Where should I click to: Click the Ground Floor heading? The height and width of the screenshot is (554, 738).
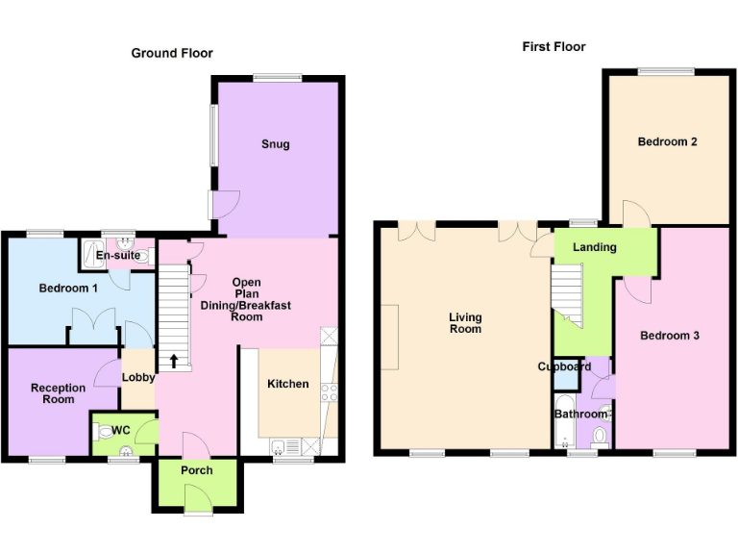pyautogui.click(x=172, y=53)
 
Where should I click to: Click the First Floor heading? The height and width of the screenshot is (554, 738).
pyautogui.click(x=553, y=46)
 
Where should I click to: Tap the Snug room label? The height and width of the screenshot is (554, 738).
pyautogui.click(x=275, y=144)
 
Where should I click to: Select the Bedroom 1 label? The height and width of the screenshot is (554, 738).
pyautogui.click(x=68, y=289)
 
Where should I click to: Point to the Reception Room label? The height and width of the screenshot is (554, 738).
pyautogui.click(x=58, y=393)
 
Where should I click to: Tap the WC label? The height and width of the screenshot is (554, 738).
pyautogui.click(x=120, y=430)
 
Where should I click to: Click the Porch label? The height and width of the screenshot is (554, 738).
pyautogui.click(x=196, y=470)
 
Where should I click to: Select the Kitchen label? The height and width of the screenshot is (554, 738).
pyautogui.click(x=287, y=384)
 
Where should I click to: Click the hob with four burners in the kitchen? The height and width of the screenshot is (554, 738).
pyautogui.click(x=332, y=391)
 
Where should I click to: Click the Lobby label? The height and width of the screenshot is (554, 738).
pyautogui.click(x=138, y=377)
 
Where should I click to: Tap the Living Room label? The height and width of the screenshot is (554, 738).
pyautogui.click(x=465, y=323)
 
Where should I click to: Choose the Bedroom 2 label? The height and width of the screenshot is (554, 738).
pyautogui.click(x=667, y=141)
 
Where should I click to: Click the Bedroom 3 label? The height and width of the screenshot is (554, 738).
pyautogui.click(x=670, y=336)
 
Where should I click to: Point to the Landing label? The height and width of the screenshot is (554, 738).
pyautogui.click(x=594, y=247)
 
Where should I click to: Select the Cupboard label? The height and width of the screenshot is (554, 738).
pyautogui.click(x=564, y=366)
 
